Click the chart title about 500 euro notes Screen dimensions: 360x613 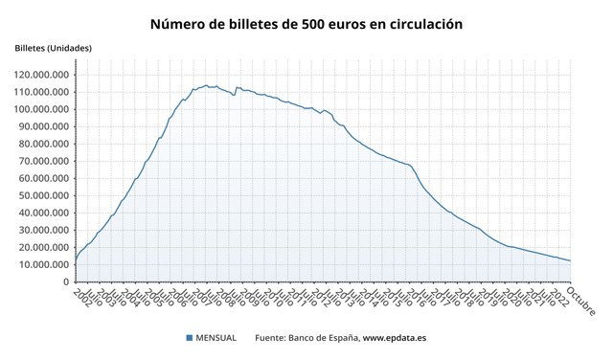click(306, 22)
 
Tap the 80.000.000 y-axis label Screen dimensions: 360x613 click(43, 144)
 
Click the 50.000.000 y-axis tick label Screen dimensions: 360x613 click(43, 195)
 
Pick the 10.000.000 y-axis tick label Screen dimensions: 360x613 click(43, 265)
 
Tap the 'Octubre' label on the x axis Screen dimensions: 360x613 click(580, 301)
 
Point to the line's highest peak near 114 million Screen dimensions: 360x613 click(205, 85)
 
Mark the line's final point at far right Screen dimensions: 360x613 click(571, 260)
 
